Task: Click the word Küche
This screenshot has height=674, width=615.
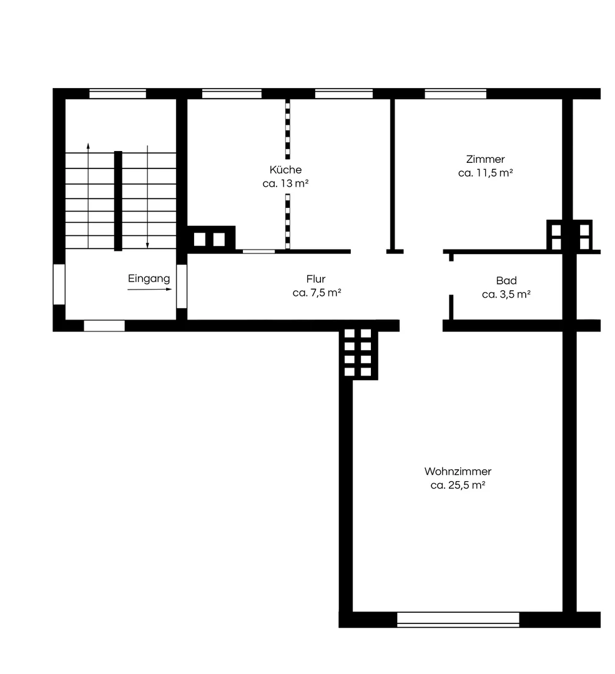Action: click(x=285, y=169)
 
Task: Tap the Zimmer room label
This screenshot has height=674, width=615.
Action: click(x=486, y=159)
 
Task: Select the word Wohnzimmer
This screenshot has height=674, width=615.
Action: click(x=458, y=471)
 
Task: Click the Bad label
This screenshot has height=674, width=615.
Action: click(x=506, y=281)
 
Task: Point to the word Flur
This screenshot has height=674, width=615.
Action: click(x=316, y=279)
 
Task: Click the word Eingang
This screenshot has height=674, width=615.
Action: click(x=149, y=278)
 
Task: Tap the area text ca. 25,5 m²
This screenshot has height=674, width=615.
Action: click(x=458, y=485)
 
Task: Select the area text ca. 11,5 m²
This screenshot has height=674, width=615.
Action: click(x=486, y=173)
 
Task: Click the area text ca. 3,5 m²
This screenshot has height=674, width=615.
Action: click(x=506, y=295)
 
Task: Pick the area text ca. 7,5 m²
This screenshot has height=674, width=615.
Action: click(x=317, y=293)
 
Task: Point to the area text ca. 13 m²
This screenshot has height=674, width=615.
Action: click(x=285, y=183)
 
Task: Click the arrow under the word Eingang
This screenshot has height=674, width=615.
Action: click(x=150, y=290)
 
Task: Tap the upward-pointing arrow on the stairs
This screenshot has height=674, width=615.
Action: click(x=88, y=195)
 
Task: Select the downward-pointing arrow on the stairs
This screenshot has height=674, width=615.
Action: click(x=147, y=197)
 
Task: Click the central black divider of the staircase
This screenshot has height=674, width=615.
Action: click(x=118, y=201)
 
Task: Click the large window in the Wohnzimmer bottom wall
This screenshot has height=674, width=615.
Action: click(x=458, y=620)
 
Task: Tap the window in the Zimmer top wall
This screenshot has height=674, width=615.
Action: click(x=455, y=94)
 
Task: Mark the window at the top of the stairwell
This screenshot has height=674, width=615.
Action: click(x=117, y=94)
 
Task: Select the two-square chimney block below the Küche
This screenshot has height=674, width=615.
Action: click(x=209, y=239)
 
